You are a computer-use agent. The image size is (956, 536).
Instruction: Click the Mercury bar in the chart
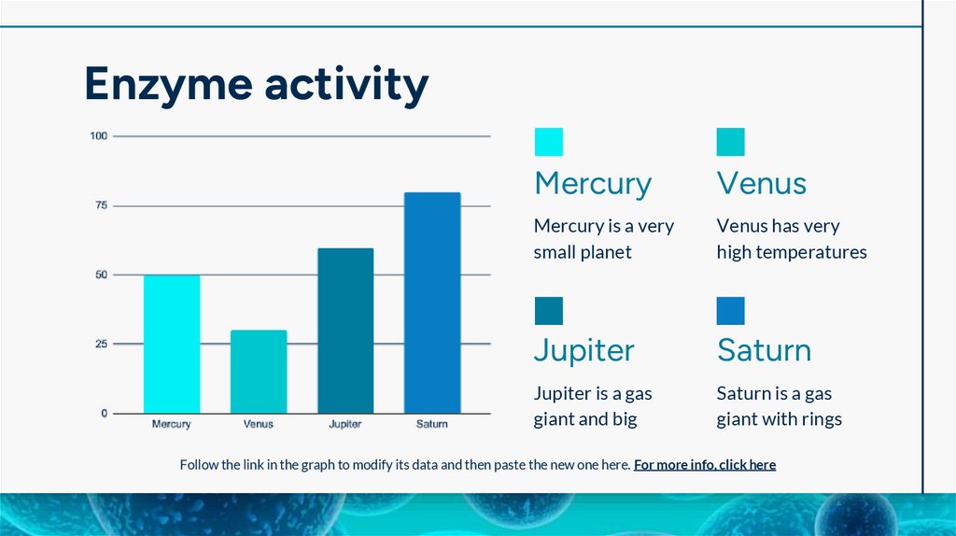(x=172, y=344)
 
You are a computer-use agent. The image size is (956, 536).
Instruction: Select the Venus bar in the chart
(x=259, y=372)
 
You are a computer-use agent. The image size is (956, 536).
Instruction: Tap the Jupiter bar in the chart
(x=345, y=331)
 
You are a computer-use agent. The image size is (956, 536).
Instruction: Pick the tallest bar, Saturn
(x=432, y=303)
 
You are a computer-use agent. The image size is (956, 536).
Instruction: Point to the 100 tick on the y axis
(x=99, y=136)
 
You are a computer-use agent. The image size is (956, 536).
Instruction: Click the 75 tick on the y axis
(x=101, y=205)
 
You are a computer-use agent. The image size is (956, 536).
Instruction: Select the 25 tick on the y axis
(x=101, y=344)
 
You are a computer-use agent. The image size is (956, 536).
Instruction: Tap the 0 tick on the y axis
(x=104, y=413)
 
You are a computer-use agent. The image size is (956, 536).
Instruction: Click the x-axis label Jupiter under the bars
(x=345, y=424)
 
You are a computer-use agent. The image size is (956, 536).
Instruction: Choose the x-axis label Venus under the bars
(x=259, y=424)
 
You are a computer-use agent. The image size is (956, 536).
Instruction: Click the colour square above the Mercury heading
(x=549, y=142)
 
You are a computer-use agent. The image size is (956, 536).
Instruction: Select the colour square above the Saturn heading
(x=731, y=311)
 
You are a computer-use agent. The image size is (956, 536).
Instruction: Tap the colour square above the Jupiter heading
(x=549, y=311)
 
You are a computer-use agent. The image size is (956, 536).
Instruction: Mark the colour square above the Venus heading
(x=731, y=142)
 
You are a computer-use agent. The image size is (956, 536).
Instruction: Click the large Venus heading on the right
(x=761, y=183)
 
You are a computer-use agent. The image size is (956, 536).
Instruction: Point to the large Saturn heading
(x=764, y=351)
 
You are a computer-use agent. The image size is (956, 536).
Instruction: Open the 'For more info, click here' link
(x=705, y=465)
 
